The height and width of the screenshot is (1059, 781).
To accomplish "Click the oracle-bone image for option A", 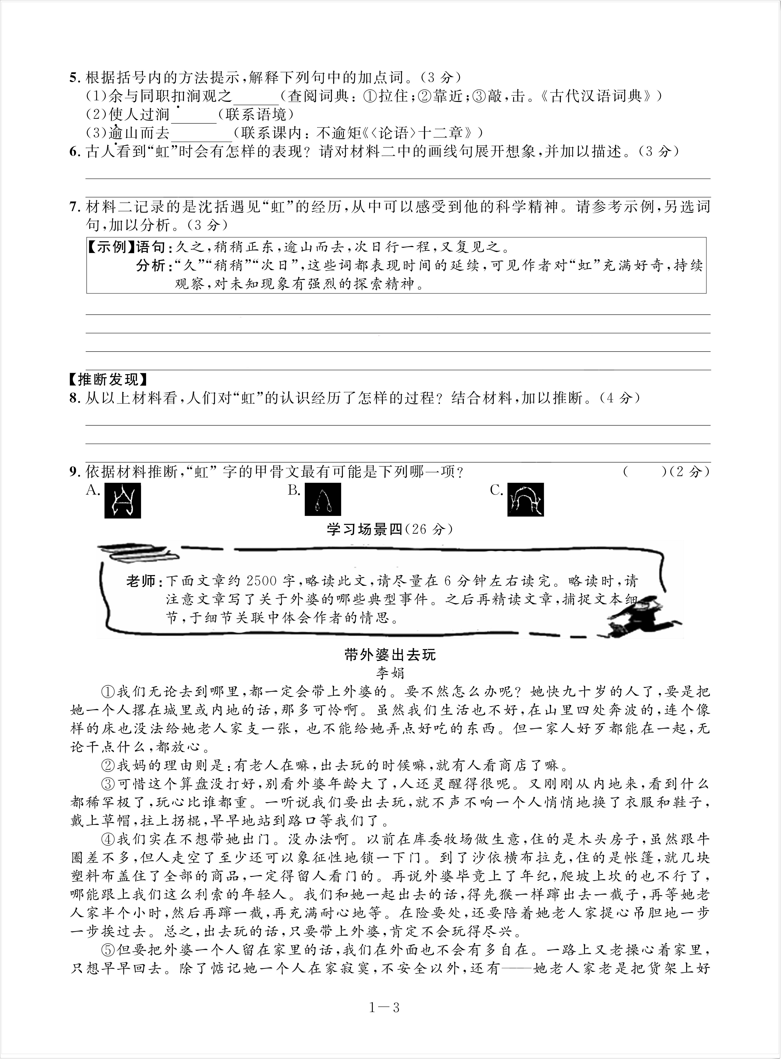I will tap(122, 500).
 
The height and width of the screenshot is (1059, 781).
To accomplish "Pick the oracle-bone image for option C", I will tap(526, 499).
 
